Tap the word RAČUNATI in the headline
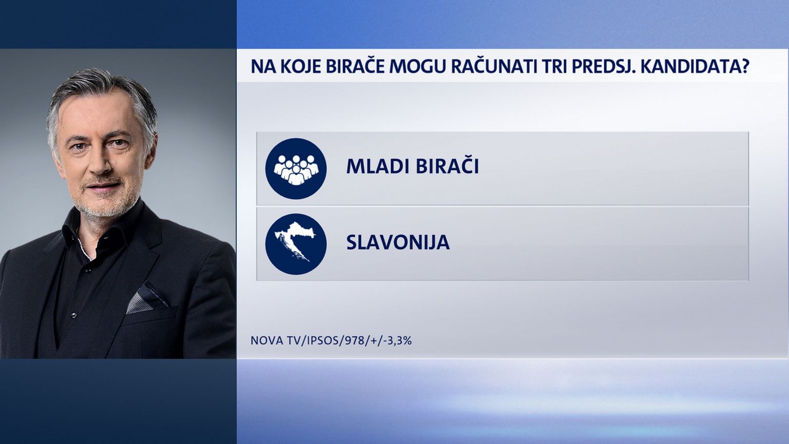pyautogui.click(x=492, y=66)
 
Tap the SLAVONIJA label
pyautogui.click(x=398, y=242)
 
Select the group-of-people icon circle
pyautogui.click(x=296, y=169)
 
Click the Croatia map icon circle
pyautogui.click(x=296, y=244)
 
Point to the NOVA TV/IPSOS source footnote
pyautogui.click(x=331, y=341)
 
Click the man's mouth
pyautogui.click(x=102, y=185)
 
